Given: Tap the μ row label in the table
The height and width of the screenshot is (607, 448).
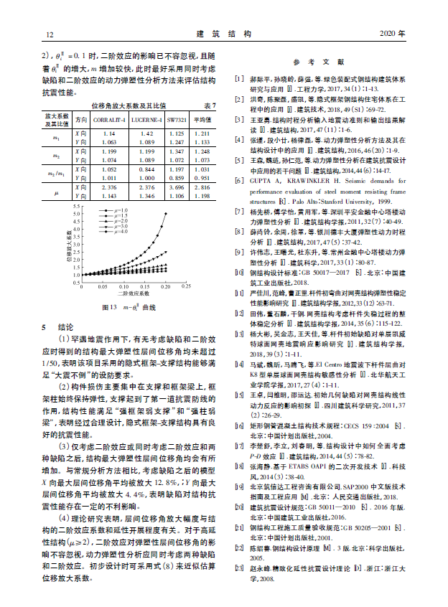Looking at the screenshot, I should click(55, 190).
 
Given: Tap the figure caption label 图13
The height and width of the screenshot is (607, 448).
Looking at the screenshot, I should click(109, 307).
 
